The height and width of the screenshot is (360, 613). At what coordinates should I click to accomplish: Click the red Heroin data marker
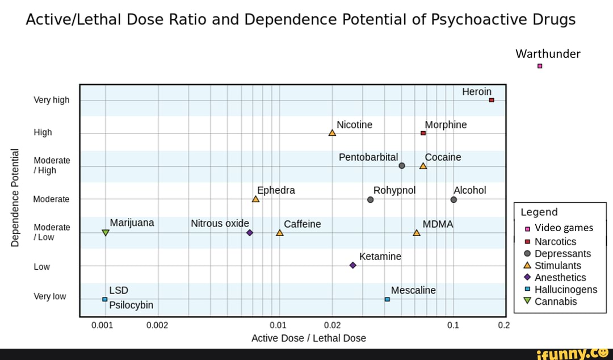coord(492,100)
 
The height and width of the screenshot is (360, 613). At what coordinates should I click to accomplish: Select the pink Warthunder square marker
coord(540,66)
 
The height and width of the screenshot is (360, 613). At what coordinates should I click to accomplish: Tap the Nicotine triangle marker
coord(332,133)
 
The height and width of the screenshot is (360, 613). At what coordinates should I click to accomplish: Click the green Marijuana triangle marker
coord(106,232)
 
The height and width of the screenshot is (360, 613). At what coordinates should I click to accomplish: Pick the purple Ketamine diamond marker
coord(352,265)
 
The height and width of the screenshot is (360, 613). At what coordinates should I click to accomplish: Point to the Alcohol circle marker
coord(454,199)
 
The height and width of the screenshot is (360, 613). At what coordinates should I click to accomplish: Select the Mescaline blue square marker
coord(387,299)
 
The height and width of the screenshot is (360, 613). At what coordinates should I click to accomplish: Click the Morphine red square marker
coord(423,133)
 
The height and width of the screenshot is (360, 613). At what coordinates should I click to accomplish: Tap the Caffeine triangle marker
coord(279,233)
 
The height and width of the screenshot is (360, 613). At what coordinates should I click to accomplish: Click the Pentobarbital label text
coord(368,157)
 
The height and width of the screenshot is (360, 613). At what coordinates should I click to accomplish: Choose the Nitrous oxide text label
coord(220,224)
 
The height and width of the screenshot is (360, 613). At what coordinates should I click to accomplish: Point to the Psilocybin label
coord(131,305)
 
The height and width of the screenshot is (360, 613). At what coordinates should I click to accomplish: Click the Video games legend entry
coord(563,228)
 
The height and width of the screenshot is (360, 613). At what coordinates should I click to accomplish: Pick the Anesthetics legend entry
coord(560,277)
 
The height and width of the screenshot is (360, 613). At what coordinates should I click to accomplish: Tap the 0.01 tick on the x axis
coord(278,325)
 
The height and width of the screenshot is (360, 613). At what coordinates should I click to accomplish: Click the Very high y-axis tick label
coord(52,100)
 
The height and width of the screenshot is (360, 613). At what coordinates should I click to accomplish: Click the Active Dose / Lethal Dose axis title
coord(309,338)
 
